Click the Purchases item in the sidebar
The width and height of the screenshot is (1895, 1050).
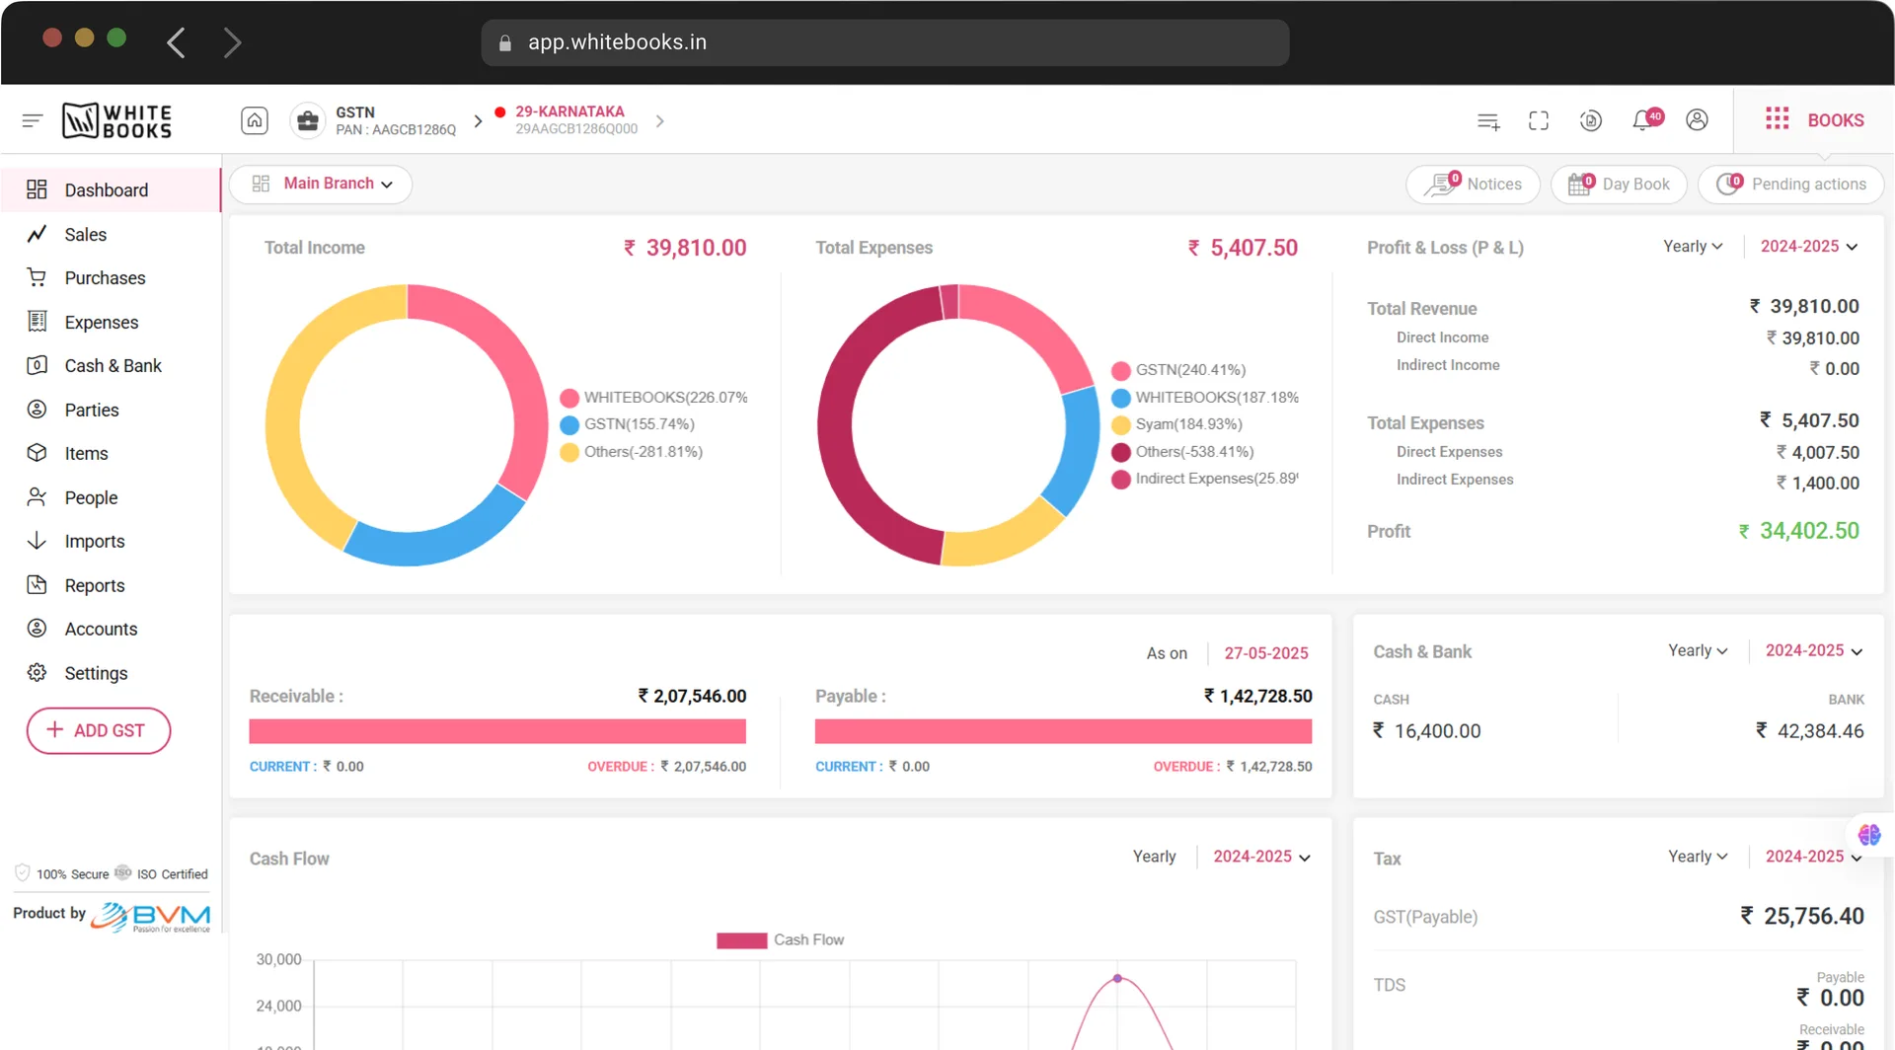(105, 278)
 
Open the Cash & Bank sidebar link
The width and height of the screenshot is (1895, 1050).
(113, 366)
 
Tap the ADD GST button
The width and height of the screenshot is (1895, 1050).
(99, 730)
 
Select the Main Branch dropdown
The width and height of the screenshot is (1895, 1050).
(321, 184)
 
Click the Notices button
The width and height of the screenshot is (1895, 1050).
(1473, 185)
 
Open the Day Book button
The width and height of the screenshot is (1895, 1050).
(1619, 185)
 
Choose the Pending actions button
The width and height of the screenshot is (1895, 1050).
(1790, 185)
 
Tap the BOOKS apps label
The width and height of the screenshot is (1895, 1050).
(1835, 120)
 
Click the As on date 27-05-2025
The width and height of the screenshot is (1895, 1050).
(1266, 653)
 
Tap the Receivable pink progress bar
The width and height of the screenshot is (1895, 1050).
(497, 731)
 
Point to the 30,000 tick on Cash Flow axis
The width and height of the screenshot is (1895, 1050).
(278, 959)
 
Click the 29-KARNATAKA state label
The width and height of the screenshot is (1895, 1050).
(569, 112)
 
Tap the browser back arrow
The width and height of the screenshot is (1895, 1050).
(176, 42)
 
